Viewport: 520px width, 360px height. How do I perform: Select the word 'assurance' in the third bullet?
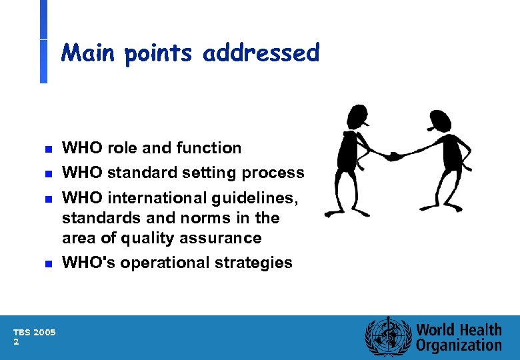click(x=227, y=238)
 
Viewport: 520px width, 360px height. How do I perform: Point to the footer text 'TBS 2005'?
click(x=34, y=332)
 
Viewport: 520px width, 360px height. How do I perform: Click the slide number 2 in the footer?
click(x=16, y=341)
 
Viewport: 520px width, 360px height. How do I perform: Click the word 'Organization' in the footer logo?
click(x=459, y=345)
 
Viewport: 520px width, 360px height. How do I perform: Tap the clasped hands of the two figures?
click(x=393, y=156)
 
